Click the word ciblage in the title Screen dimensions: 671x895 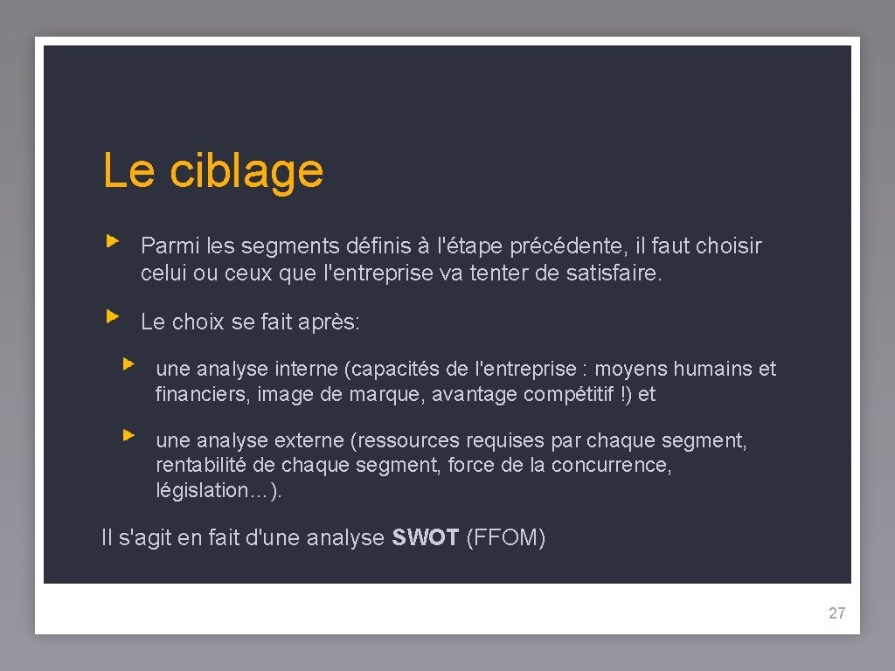click(x=246, y=171)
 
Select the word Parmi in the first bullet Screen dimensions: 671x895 click(x=163, y=246)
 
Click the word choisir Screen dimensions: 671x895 click(x=729, y=246)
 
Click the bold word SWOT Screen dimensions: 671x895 click(x=426, y=538)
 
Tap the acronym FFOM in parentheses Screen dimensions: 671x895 click(x=506, y=538)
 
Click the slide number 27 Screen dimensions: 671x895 click(x=836, y=613)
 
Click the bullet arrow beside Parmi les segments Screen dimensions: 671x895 click(x=112, y=239)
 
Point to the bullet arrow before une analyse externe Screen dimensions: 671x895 click(x=128, y=433)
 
